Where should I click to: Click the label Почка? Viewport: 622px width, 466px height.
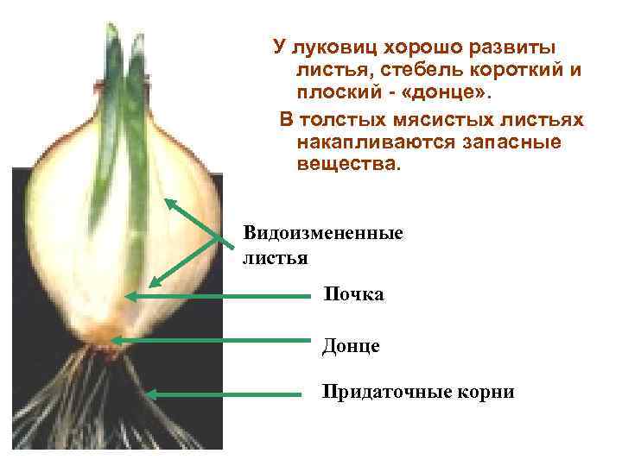353,295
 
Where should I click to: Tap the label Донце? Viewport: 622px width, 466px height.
351,346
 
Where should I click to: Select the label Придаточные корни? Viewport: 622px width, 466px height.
418,393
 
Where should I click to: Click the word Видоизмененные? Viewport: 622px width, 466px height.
323,233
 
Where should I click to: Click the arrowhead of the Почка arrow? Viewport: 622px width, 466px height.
130,296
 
